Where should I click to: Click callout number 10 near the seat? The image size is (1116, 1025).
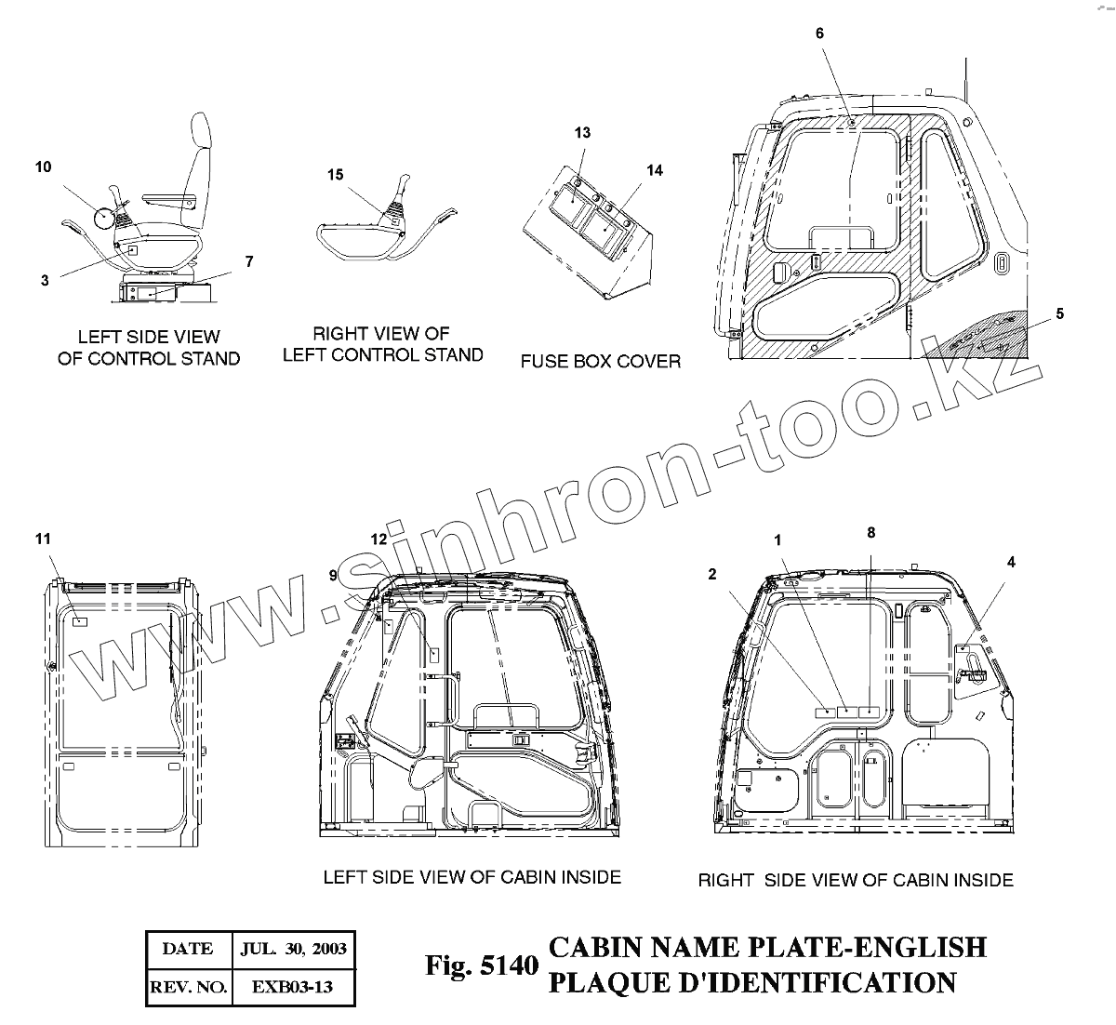[44, 167]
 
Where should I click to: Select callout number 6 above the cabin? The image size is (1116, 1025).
[819, 33]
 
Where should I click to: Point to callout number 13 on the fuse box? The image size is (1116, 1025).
[582, 133]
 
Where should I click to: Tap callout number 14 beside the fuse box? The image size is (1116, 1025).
[655, 170]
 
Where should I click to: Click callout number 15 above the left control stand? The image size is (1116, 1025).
[335, 175]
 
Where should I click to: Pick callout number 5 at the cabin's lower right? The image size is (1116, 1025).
[1059, 313]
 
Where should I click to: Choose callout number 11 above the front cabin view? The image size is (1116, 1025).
[43, 539]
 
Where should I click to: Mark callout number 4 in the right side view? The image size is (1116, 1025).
[1011, 562]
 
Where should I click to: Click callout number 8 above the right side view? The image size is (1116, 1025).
[870, 533]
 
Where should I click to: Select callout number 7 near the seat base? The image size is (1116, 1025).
[248, 262]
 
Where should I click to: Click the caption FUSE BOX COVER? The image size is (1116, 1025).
[600, 361]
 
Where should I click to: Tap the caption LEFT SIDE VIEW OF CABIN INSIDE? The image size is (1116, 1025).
[472, 877]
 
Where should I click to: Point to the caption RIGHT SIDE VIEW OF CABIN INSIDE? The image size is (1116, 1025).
[856, 880]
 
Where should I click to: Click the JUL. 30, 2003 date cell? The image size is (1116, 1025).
[293, 949]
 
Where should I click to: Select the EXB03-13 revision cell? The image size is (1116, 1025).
[293, 987]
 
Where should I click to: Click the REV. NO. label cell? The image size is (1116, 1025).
[188, 987]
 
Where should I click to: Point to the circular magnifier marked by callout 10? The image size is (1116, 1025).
[105, 220]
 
